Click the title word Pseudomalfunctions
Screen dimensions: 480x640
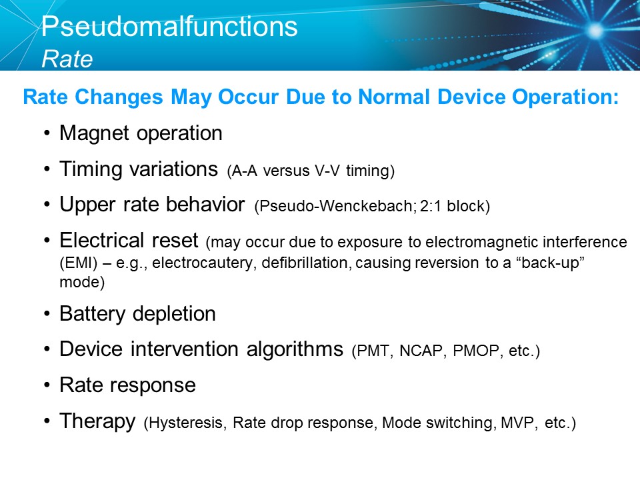point(169,27)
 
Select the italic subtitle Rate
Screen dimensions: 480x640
point(67,59)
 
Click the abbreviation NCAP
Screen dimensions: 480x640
point(421,351)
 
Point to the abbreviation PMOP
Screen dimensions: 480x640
point(473,351)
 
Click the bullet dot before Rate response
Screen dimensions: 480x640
point(47,386)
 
